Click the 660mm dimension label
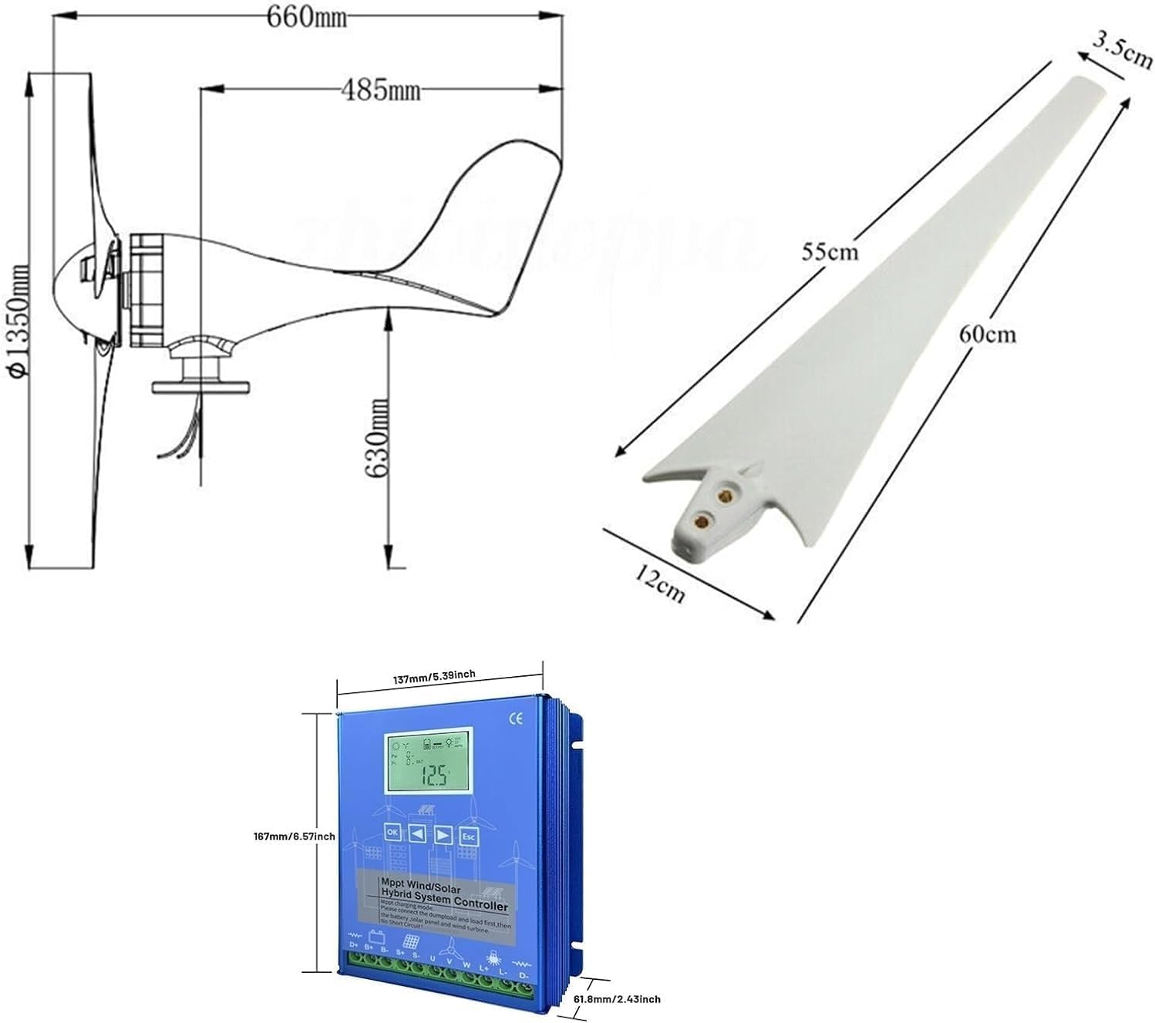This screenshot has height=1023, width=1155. point(307,17)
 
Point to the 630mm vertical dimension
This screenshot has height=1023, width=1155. point(378,438)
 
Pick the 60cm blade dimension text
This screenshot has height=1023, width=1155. point(987,334)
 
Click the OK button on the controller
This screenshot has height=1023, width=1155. point(392,832)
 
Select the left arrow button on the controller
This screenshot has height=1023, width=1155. point(417,833)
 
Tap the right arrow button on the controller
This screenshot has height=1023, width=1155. point(443,836)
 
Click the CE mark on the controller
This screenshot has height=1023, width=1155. point(516,718)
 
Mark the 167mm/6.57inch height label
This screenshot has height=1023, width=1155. point(295,836)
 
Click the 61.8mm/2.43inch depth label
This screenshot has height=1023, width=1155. point(618,999)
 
